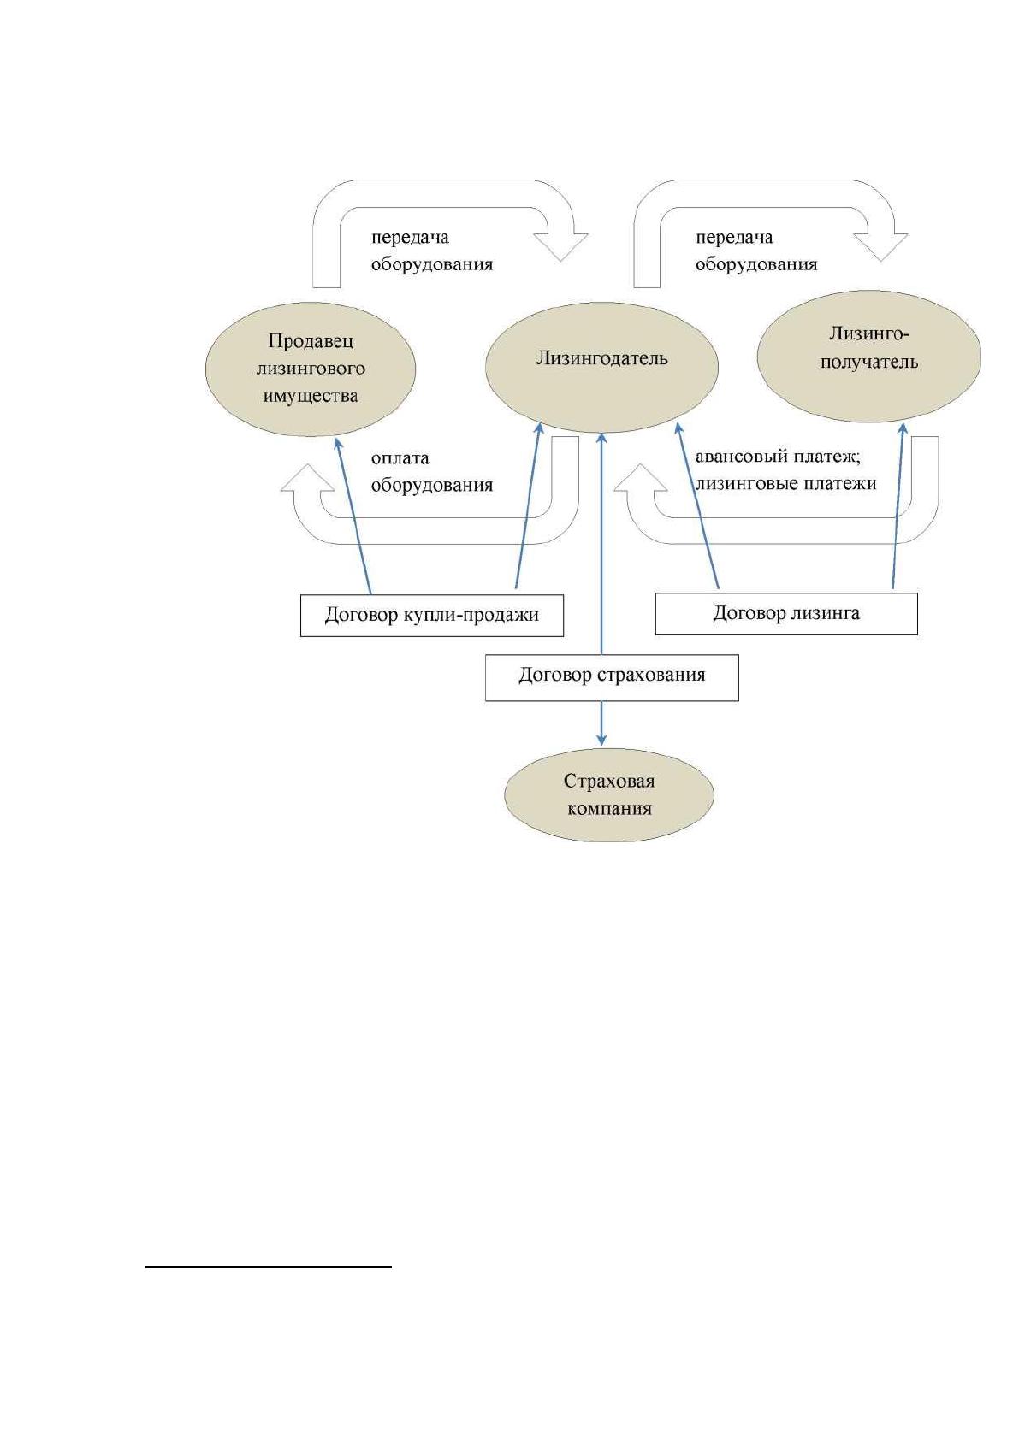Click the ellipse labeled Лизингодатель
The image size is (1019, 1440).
[x=601, y=367]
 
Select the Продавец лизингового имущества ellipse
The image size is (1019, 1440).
[x=311, y=369]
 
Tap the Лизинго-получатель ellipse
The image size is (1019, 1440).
[x=869, y=356]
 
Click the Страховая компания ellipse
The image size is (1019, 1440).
[x=609, y=795]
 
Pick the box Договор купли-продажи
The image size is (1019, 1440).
[x=432, y=615]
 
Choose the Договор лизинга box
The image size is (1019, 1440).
[x=786, y=613]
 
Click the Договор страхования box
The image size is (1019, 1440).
[x=612, y=677]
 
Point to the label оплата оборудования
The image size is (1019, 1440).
[x=432, y=471]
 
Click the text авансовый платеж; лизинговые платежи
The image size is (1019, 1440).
[x=785, y=470]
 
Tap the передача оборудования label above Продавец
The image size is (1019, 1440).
[x=432, y=251]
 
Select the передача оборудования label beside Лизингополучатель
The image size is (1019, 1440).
[x=755, y=251]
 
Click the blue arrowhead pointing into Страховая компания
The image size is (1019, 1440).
[x=601, y=740]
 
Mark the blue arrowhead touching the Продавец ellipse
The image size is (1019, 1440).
[x=338, y=444]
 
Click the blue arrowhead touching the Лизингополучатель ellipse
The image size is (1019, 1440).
[x=903, y=429]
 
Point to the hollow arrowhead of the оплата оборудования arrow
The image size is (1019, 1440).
[x=307, y=478]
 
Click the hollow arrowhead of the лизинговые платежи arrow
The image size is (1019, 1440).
[x=641, y=478]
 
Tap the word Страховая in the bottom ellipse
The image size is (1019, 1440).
[x=609, y=781]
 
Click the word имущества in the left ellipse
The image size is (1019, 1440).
[x=310, y=396]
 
